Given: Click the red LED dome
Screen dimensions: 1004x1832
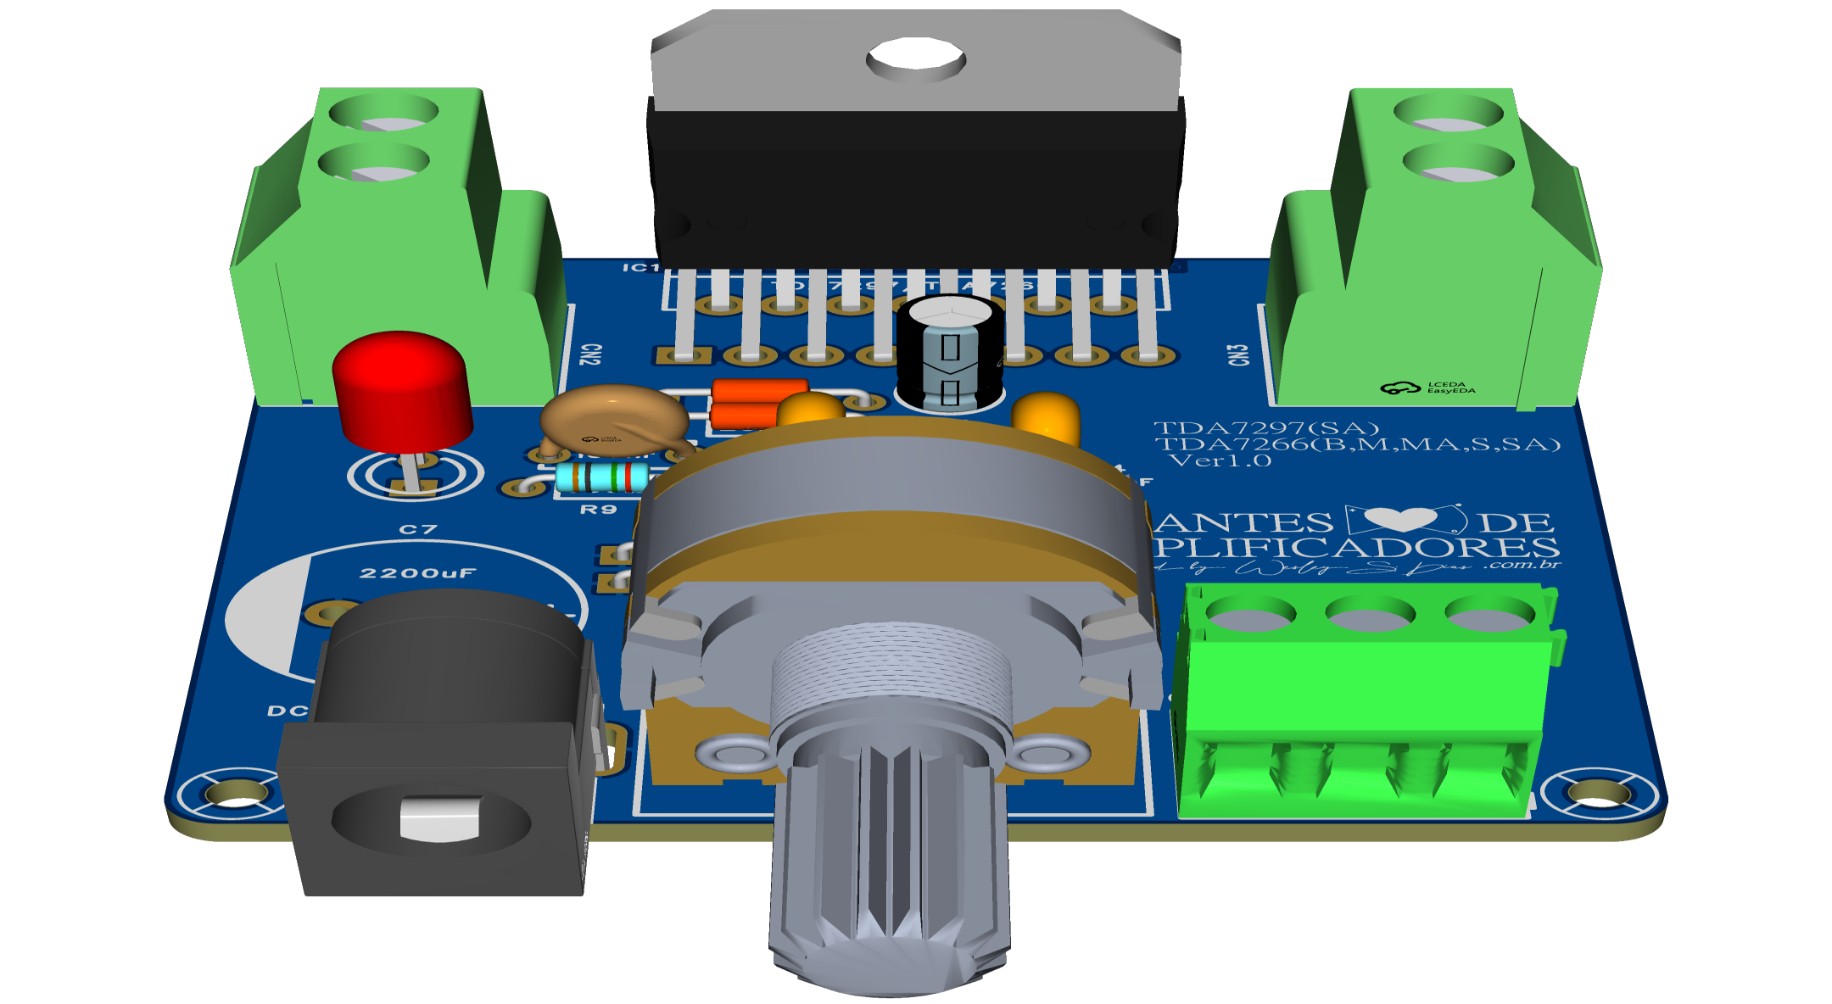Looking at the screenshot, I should [x=401, y=386].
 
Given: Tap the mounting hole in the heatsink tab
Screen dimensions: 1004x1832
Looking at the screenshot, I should [x=915, y=59].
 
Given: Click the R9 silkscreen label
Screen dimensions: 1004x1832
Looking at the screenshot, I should [x=598, y=510].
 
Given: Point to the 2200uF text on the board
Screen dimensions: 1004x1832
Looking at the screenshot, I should [x=417, y=573].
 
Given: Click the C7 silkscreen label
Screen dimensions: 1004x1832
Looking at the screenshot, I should [x=418, y=530].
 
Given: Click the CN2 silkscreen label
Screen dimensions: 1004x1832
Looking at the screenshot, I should [x=590, y=354].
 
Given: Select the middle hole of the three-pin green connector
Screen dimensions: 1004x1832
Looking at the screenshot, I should [x=1370, y=612].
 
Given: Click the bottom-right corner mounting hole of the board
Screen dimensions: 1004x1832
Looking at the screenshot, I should [x=1599, y=793].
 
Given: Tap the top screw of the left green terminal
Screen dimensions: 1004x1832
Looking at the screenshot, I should [x=384, y=113].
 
